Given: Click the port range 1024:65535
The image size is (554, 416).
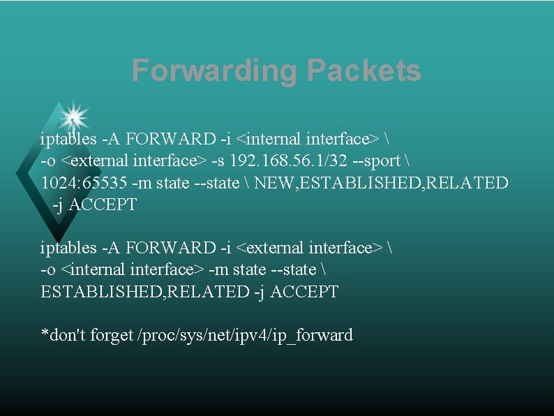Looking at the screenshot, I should [x=83, y=183].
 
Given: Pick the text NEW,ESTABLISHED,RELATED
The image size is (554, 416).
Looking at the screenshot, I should [x=382, y=183].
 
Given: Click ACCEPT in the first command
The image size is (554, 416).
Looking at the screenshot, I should [x=103, y=205].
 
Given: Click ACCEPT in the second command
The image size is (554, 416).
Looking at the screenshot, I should [x=304, y=292].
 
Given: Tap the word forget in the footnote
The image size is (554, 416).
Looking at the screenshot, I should [x=112, y=335].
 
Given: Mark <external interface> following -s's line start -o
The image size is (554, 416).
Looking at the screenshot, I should [x=133, y=161].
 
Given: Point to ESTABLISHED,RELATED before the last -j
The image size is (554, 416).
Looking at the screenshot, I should [x=145, y=292].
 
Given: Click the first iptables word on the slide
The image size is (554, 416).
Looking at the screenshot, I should [x=68, y=139].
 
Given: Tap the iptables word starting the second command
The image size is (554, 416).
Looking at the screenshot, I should [x=68, y=248].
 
